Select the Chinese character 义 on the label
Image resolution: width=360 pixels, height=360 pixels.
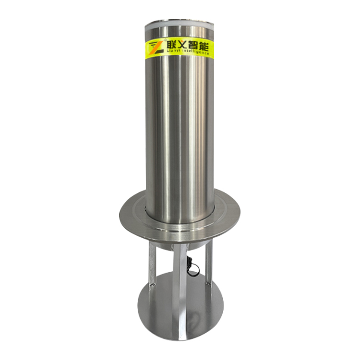point(181,45)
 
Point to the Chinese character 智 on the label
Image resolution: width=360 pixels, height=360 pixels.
point(192,46)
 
